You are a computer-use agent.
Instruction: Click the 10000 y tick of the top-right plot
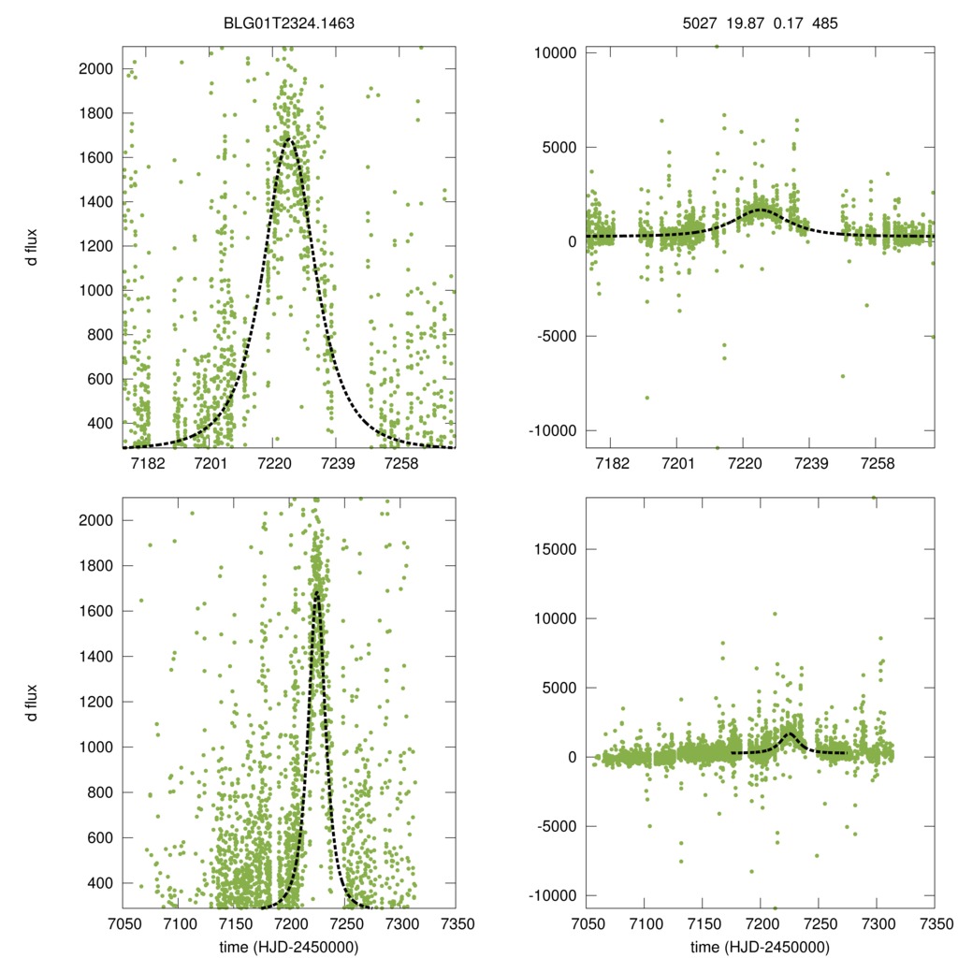(557, 52)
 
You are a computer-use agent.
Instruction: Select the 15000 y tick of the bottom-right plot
(557, 549)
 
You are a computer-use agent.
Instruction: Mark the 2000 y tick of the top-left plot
(96, 69)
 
